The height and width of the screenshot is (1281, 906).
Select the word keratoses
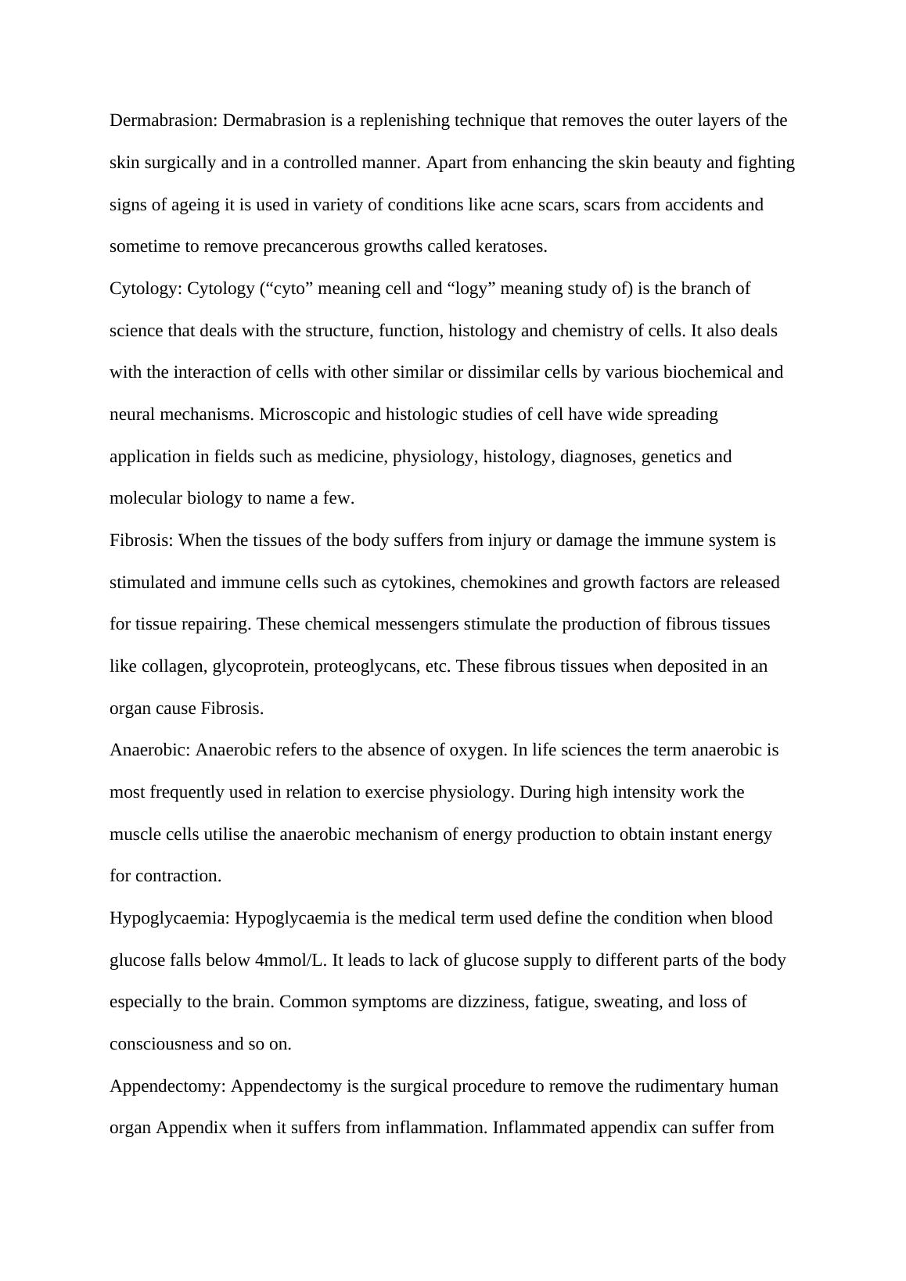(510, 246)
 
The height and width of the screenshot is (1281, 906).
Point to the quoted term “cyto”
(286, 289)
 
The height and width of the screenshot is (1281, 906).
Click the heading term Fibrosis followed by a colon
(142, 540)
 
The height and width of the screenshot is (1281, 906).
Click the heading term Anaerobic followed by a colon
(150, 750)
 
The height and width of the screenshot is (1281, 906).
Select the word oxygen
(477, 750)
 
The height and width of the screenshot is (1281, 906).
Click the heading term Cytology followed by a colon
(146, 289)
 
